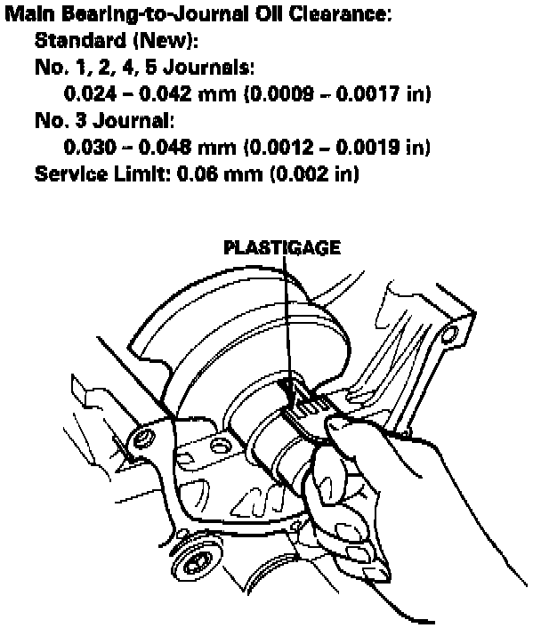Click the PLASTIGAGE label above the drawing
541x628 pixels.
[281, 249]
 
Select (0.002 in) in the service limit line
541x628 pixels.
[313, 172]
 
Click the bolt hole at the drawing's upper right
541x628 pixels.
[450, 336]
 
